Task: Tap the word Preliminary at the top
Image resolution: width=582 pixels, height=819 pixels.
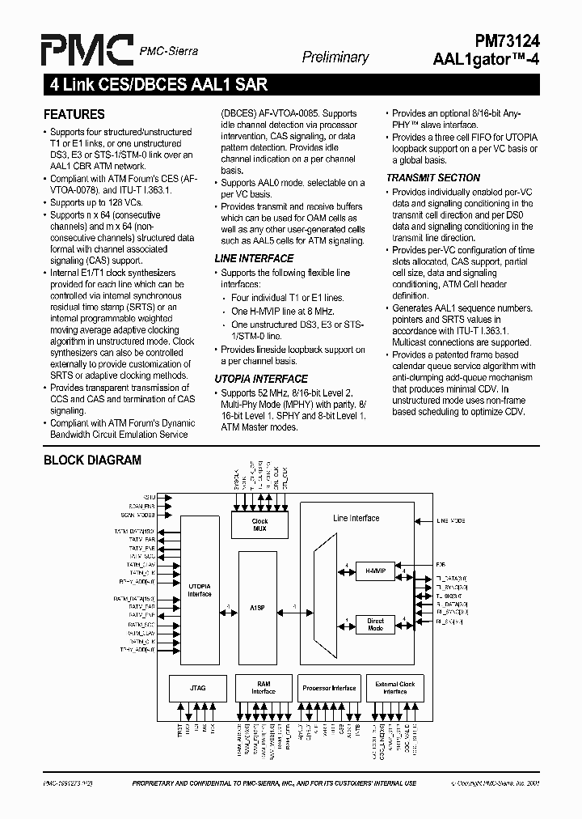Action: (335, 57)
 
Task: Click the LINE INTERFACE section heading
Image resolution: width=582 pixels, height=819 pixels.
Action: (253, 258)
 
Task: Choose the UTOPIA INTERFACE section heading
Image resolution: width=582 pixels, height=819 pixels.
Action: (260, 379)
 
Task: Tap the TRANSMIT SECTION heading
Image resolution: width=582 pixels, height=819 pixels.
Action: (432, 177)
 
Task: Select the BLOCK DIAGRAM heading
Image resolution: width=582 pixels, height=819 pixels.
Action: (91, 460)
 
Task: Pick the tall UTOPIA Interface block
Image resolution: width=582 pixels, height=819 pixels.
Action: (199, 590)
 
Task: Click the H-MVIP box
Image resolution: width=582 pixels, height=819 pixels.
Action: (375, 570)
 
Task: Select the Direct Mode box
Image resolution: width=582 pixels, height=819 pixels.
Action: (375, 625)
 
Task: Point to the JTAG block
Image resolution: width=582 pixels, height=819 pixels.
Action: (198, 688)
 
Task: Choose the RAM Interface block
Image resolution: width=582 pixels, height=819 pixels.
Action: (263, 688)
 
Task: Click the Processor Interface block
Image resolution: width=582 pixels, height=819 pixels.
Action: (328, 688)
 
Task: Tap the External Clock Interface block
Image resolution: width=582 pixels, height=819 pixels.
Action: (394, 688)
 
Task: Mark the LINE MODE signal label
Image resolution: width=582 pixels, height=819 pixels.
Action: (451, 521)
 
